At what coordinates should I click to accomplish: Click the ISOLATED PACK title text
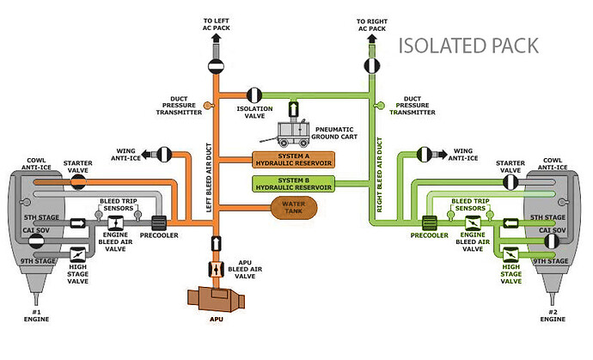coord(468,46)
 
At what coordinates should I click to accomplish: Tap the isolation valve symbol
coord(255,94)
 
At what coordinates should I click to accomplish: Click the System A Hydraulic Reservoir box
coord(293,160)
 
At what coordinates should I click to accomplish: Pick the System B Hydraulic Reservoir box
coord(293,182)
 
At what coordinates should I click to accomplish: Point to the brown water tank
coord(288,208)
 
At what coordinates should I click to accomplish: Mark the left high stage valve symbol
coord(76,255)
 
